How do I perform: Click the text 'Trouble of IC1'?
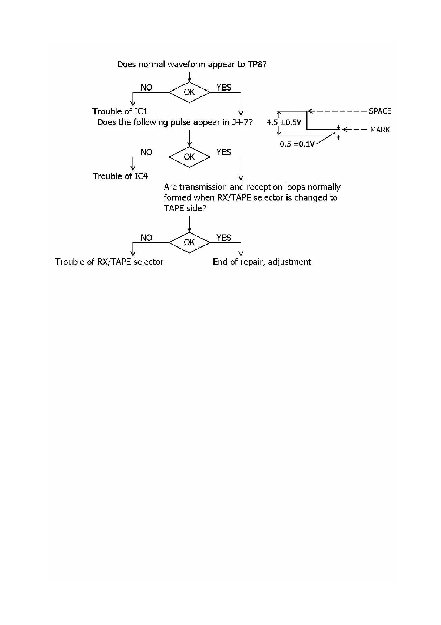119,111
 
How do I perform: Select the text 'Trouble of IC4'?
120,176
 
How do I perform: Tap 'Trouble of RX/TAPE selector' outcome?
109,262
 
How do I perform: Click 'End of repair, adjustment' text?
262,262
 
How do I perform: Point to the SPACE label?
380,111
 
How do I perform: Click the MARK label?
380,130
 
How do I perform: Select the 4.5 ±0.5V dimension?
284,122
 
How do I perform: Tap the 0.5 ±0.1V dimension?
297,144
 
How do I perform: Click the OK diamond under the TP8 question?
189,92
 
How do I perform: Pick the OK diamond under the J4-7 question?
189,157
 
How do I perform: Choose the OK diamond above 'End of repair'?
189,242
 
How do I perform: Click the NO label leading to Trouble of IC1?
146,88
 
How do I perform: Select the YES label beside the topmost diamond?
224,88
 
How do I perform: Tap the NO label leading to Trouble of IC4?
146,152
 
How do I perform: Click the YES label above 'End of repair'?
224,238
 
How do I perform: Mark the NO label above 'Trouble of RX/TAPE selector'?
146,238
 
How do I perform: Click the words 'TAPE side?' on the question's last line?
185,208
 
